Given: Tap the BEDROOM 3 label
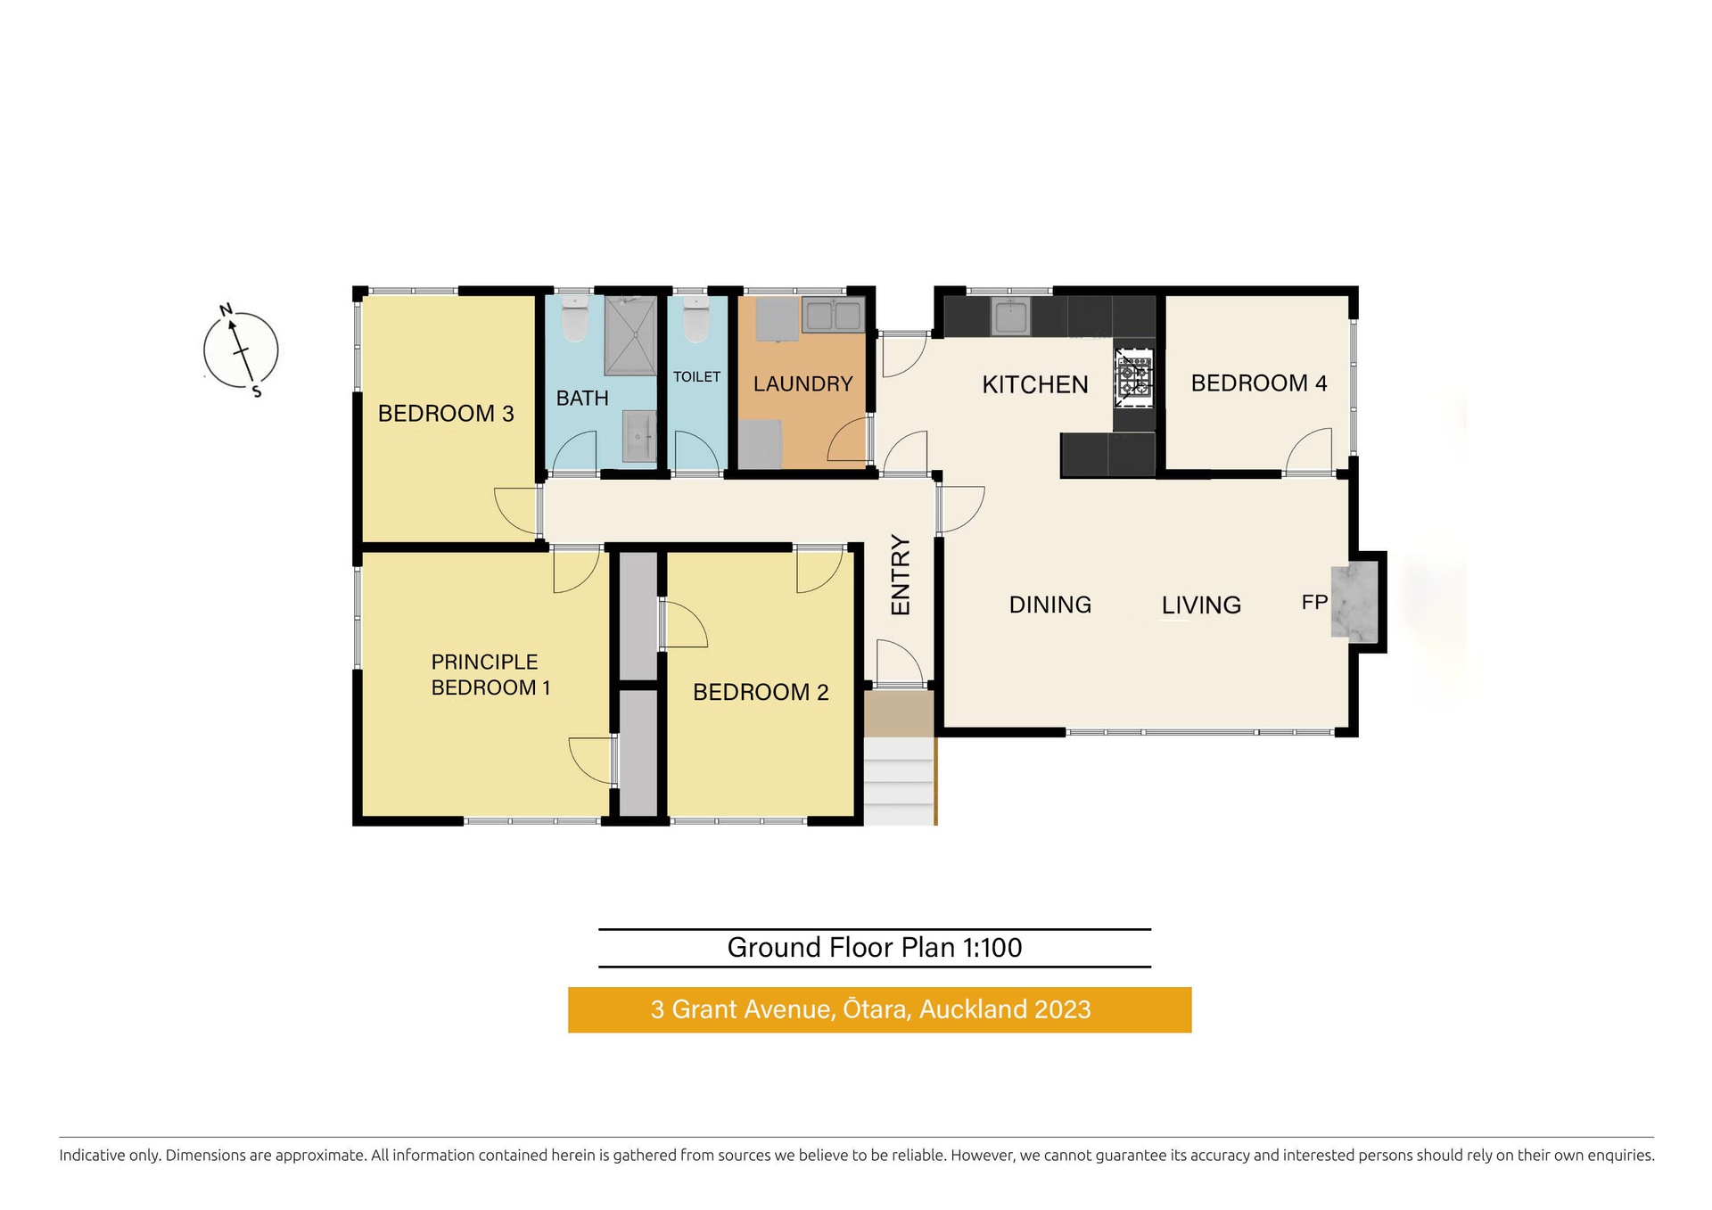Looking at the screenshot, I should point(446,414).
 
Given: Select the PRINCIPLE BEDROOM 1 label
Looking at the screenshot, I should point(490,675).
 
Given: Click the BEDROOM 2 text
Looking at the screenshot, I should point(761,692).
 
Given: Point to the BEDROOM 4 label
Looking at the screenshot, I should point(1258,383).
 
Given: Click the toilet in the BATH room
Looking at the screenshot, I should point(575,319).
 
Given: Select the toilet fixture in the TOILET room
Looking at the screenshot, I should point(695,319).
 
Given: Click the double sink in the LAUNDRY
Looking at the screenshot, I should point(833,315).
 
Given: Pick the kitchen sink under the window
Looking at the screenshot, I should point(1010,317).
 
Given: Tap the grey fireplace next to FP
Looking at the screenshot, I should point(1354,602).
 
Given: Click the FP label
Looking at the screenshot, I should point(1314,603).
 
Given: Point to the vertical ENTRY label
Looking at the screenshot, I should point(901,575).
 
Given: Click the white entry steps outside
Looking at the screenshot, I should point(899,781).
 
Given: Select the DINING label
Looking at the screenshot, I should point(1049,605).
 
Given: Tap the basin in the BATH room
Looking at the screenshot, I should point(638,436).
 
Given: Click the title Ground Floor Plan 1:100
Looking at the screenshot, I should point(874,947).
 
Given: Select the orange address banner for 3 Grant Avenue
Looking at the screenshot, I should point(879,1009).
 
